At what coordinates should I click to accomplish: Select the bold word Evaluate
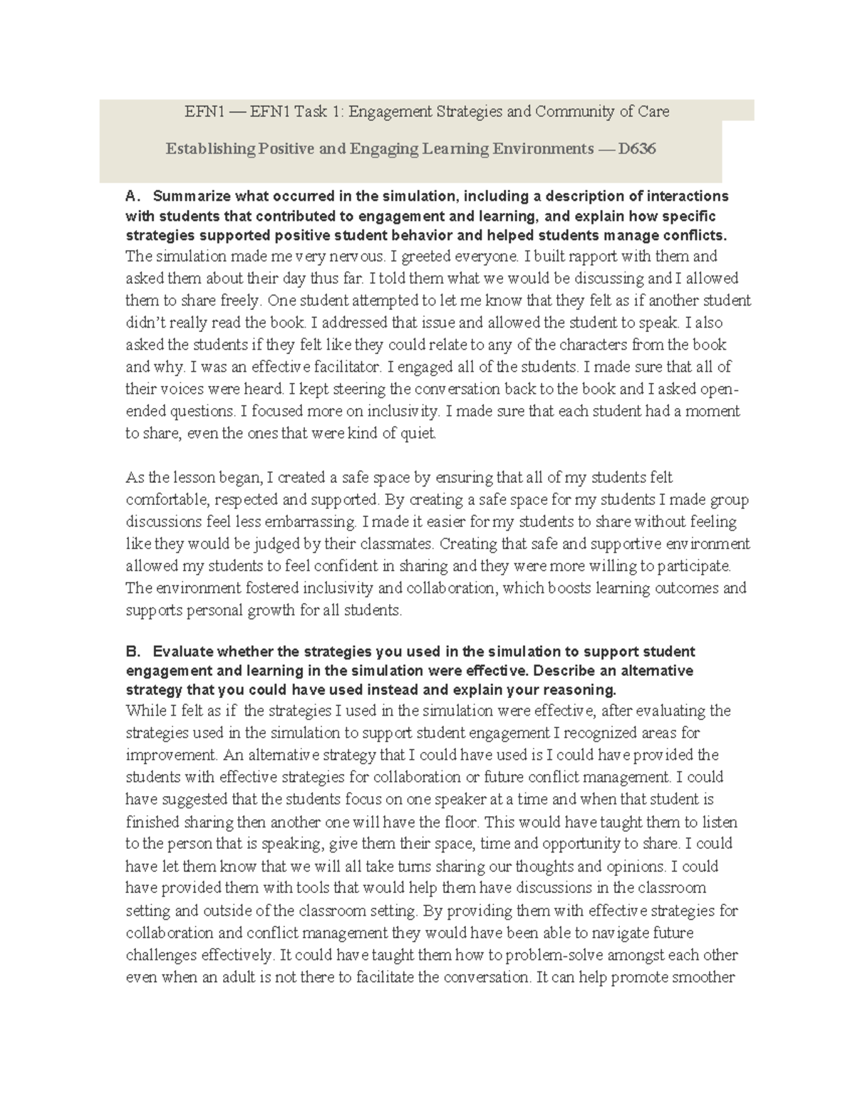(x=183, y=652)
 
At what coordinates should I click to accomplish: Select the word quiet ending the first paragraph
(x=419, y=434)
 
